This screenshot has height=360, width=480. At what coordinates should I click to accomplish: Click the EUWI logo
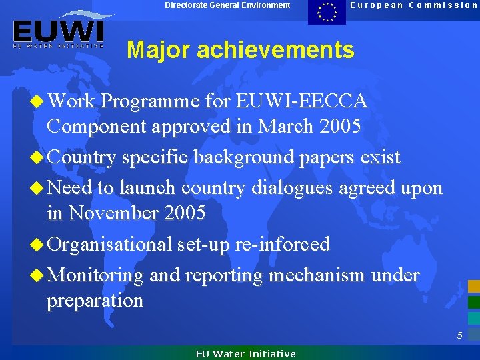pos(58,31)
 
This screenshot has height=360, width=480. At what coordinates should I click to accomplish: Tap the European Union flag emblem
pos(327,12)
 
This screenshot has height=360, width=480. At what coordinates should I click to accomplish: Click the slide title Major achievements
pos(241,50)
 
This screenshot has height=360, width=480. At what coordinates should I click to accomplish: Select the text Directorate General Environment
pos(227,5)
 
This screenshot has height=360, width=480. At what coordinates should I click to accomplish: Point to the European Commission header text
pos(414,5)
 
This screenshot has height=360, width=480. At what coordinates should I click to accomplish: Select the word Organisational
pos(110,244)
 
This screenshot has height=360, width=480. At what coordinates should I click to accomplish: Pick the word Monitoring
pos(96,275)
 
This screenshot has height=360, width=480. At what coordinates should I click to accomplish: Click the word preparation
pos(95,300)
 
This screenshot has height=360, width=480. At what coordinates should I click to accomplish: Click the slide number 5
pos(459,335)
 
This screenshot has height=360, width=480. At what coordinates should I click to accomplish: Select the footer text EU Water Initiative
pos(245,354)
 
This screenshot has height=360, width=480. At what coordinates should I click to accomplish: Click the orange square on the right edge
pos(473,286)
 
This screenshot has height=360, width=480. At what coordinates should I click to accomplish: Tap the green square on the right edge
pos(473,301)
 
